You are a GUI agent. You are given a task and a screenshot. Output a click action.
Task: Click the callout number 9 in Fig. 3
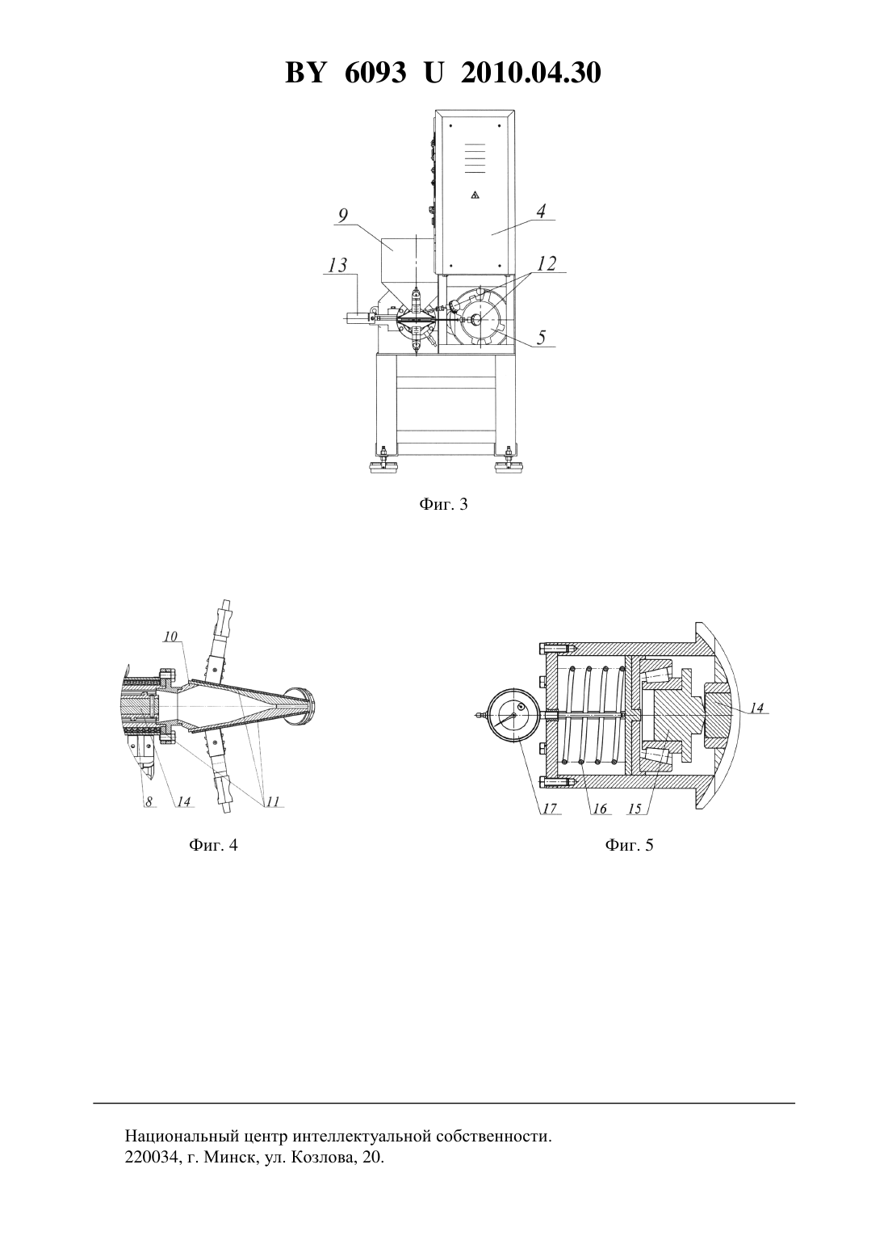click(343, 215)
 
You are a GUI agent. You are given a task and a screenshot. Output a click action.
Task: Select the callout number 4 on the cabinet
click(540, 212)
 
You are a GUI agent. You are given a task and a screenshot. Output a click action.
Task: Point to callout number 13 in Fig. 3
click(337, 265)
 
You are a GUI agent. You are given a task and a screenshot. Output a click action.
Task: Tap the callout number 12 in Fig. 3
click(547, 263)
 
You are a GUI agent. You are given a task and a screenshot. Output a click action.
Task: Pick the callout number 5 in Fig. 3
click(540, 337)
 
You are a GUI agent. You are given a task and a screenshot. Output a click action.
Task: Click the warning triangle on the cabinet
click(475, 195)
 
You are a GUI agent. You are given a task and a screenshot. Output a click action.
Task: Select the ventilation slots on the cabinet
click(475, 158)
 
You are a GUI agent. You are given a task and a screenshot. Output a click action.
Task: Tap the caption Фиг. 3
click(443, 504)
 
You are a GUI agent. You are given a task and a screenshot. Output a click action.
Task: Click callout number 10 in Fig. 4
click(170, 637)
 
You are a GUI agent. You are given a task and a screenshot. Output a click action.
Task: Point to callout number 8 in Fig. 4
click(149, 802)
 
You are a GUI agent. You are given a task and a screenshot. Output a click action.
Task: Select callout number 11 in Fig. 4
click(273, 801)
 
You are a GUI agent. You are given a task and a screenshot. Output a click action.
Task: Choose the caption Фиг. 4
click(214, 845)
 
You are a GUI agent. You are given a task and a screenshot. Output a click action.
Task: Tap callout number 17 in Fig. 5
click(550, 808)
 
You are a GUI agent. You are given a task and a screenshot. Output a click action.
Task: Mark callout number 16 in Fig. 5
click(599, 809)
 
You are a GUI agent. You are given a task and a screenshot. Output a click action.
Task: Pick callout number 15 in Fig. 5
click(634, 809)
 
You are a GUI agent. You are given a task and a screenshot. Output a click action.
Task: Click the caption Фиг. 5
click(629, 845)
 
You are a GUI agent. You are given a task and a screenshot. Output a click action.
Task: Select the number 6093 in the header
click(375, 73)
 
